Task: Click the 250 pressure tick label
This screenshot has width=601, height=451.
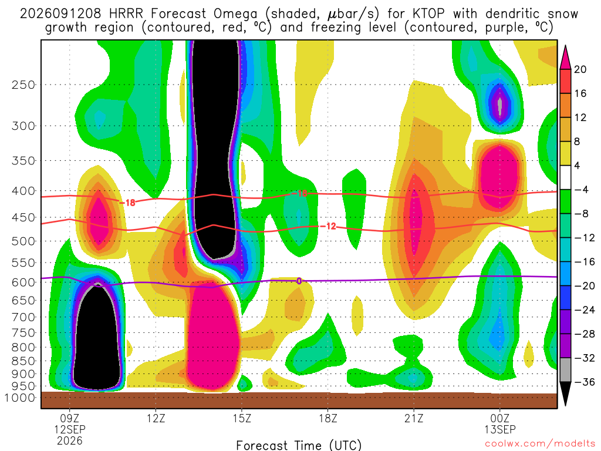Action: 23,85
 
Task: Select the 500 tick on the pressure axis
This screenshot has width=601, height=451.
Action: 23,241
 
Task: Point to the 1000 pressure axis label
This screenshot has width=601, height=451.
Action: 20,398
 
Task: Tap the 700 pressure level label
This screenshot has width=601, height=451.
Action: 23,317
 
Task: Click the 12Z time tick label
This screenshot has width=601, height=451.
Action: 156,418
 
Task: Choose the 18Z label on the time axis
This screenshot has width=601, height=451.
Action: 327,418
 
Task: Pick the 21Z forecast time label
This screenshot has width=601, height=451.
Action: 414,418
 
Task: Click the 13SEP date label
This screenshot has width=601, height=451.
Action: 500,429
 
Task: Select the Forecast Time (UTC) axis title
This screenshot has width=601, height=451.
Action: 299,445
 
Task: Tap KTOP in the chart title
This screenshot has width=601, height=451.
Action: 428,14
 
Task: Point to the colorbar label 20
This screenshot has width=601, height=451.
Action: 580,69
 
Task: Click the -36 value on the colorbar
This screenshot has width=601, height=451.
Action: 584,382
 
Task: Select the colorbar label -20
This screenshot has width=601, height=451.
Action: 584,286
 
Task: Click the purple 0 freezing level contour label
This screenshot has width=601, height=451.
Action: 299,281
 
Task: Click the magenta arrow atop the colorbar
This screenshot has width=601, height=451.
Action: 565,58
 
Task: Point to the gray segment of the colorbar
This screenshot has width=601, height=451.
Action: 565,370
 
